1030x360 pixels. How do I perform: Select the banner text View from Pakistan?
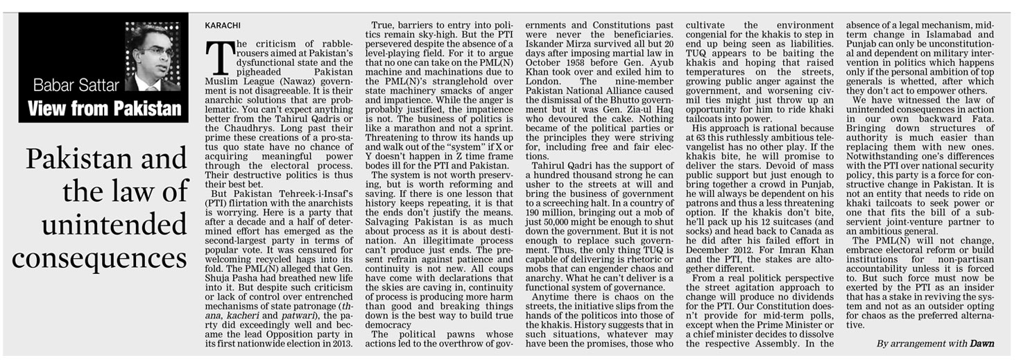pyautogui.click(x=104, y=108)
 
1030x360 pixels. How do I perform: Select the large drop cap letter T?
pyautogui.click(x=220, y=57)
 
